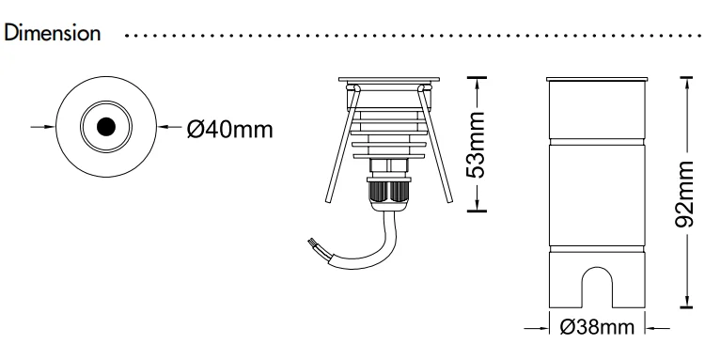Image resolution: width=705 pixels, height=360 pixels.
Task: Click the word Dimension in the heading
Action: coord(53,34)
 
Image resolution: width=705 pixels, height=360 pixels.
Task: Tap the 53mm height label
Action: coord(478,144)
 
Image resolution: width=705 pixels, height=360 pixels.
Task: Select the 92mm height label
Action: coord(692,193)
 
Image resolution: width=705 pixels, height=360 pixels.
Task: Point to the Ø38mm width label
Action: coord(595,328)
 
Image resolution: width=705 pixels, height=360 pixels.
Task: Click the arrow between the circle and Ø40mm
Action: coord(165,127)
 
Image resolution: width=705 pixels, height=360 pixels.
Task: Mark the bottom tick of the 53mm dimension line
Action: coord(479,211)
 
